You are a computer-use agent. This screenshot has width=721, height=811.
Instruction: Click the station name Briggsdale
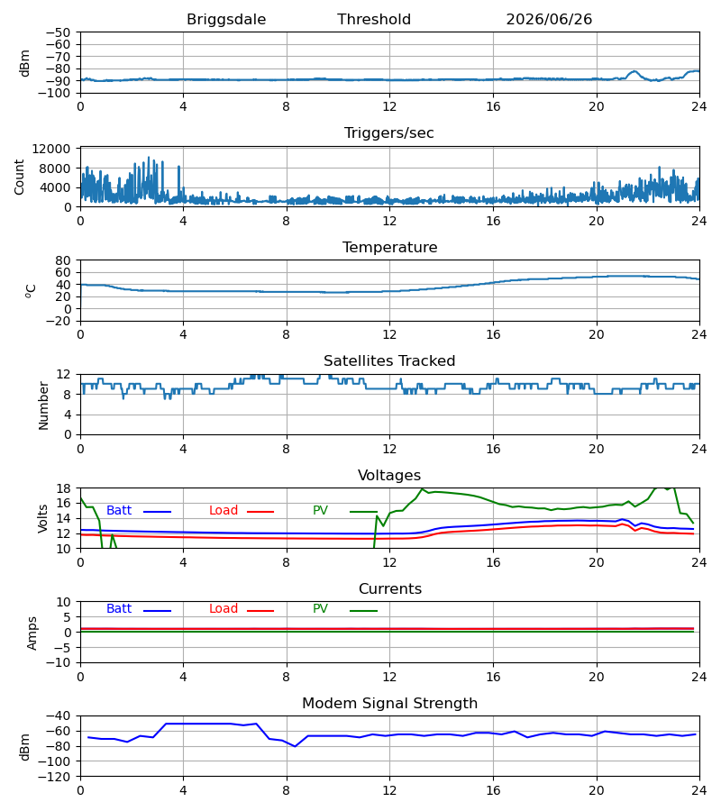tap(226, 20)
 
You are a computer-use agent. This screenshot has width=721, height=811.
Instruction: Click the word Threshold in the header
tap(374, 20)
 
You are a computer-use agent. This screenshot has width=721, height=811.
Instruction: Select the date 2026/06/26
tap(549, 20)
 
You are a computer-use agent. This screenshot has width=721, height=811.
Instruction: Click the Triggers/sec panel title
tap(389, 133)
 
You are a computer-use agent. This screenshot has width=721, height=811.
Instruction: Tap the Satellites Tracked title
tap(389, 361)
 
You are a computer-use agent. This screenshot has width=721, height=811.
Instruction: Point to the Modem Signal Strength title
tap(389, 704)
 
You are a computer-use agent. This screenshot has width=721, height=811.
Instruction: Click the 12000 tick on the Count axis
tap(51, 149)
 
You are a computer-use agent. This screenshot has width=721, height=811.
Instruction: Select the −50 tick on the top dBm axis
tap(58, 32)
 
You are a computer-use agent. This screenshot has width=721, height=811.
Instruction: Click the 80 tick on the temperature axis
tap(63, 260)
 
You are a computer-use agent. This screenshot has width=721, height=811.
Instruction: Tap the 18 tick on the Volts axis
tap(63, 488)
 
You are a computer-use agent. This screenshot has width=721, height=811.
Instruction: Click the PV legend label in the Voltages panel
tap(320, 511)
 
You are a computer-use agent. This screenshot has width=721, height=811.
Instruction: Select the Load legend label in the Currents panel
tap(224, 609)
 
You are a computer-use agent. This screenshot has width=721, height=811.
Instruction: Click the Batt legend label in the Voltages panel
tap(119, 511)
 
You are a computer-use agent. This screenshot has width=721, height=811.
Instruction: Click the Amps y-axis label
tap(32, 633)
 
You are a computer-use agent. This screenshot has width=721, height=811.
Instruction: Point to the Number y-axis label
tap(43, 405)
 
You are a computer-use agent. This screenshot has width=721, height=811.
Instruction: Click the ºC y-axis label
tap(31, 291)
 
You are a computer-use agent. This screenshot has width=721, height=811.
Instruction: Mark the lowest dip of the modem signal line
tap(295, 746)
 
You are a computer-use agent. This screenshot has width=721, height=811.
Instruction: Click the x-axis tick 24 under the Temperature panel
tap(699, 334)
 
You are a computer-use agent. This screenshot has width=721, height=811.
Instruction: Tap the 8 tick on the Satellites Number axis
tap(68, 395)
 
